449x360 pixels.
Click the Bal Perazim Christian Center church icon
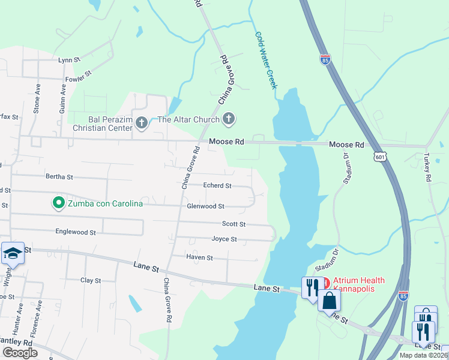coord(142,124)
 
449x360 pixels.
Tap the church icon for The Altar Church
coord(228,119)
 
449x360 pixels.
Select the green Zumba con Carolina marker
coord(59,203)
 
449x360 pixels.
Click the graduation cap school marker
coord(13,254)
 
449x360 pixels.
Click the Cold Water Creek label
coord(266,61)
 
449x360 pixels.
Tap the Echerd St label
coord(217,186)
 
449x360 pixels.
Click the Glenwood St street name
coord(205,206)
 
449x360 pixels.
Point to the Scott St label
coord(234,224)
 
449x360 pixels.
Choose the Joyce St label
coord(224,239)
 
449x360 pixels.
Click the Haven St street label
coord(200,257)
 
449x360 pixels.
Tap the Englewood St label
coord(76,232)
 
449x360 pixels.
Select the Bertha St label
coord(59,177)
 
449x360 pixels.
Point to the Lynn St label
coord(69,60)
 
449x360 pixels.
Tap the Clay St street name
coord(91,280)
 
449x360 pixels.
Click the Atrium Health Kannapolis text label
coord(359,285)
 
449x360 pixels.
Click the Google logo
coord(20,353)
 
